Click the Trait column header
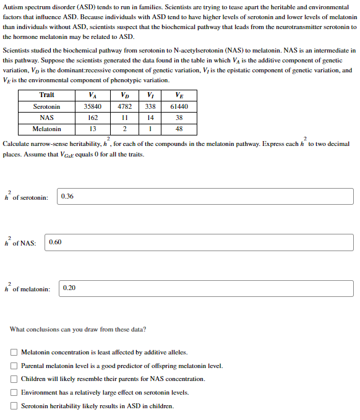point(47,95)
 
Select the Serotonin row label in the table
point(47,106)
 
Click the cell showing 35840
point(93,106)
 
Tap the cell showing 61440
point(179,106)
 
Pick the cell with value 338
point(150,106)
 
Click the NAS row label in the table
point(47,118)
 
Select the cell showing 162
point(93,118)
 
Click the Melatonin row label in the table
point(47,129)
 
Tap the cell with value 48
point(179,129)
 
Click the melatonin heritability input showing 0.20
point(207,288)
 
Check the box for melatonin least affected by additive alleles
point(14,352)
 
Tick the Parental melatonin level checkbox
point(14,366)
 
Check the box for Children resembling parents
point(14,379)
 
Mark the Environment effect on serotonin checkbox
point(14,393)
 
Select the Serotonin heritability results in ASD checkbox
point(14,406)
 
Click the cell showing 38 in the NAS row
point(179,118)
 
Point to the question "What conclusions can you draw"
point(78,329)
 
